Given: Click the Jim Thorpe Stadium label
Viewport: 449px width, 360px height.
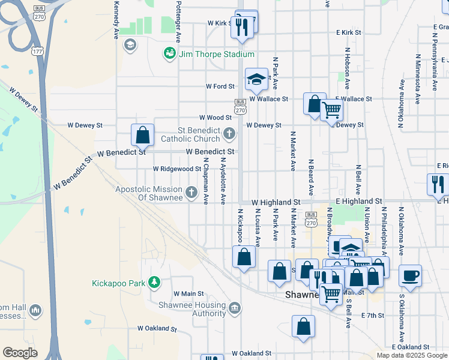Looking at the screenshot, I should tap(210, 54).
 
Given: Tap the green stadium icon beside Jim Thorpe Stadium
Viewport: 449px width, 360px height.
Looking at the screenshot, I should tap(170, 54).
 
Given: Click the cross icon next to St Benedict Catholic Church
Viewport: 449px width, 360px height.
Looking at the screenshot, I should tap(228, 133).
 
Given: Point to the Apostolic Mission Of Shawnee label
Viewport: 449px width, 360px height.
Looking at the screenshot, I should tap(149, 194).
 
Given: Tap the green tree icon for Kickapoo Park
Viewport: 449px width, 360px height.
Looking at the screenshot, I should tap(154, 282).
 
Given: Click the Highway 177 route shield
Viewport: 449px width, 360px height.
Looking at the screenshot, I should tap(38, 52).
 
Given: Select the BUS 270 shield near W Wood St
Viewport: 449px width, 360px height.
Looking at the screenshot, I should tap(240, 107).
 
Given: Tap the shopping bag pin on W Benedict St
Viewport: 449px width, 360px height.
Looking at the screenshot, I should tap(142, 135).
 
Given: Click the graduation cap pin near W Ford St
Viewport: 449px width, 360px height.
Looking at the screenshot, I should tap(256, 80).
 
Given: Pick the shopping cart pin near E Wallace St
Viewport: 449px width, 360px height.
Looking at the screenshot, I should tap(331, 111).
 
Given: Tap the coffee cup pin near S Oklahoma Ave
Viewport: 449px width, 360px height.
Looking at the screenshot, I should tap(410, 276).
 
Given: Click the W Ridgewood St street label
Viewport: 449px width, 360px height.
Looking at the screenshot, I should tap(176, 169).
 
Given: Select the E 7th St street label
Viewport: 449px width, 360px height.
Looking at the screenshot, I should tap(372, 315).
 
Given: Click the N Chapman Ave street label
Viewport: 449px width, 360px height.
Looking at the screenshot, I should tap(206, 180).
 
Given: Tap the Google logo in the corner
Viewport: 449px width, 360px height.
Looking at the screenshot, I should tap(20, 353).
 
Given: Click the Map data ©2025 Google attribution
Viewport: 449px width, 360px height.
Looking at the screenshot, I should tap(411, 355).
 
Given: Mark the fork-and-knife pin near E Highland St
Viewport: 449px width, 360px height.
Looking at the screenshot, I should tap(438, 184).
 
